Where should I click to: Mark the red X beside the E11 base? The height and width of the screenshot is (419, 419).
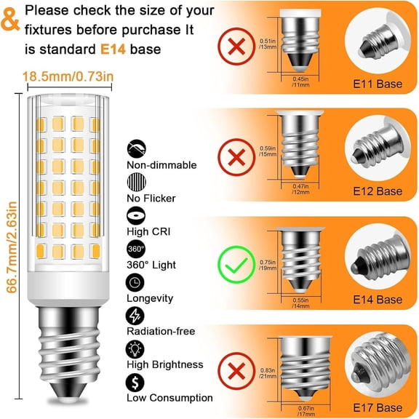click(237, 47)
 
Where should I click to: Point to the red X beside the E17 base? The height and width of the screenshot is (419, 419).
click(237, 372)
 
